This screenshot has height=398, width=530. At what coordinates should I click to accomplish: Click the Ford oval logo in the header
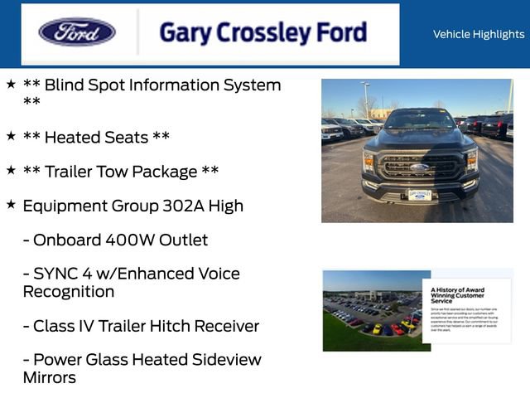(x=77, y=32)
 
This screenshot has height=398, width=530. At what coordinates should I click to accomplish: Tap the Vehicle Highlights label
(x=479, y=34)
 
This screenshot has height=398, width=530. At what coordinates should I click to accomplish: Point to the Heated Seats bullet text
(x=108, y=137)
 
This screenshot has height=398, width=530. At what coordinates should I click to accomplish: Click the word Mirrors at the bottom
(x=49, y=378)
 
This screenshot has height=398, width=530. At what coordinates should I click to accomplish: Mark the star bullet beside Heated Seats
(x=11, y=135)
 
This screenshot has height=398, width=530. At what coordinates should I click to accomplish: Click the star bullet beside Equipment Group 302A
(x=11, y=204)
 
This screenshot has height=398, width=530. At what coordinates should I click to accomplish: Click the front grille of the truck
(x=419, y=167)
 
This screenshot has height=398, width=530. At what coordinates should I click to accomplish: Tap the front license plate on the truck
(x=419, y=195)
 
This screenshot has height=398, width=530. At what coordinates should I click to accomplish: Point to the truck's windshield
(x=419, y=121)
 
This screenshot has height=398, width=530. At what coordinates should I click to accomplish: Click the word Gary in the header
(x=185, y=33)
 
